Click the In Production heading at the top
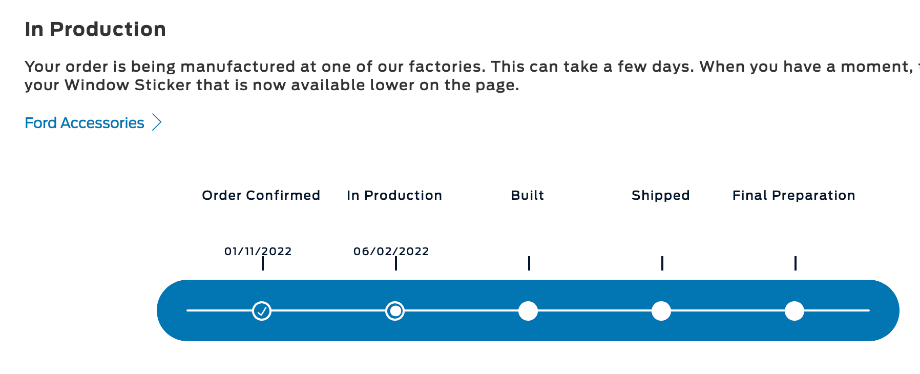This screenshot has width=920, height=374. (x=95, y=30)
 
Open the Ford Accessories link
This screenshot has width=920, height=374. (x=85, y=123)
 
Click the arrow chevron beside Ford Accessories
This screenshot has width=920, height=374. (x=157, y=123)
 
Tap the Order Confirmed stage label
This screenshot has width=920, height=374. (x=261, y=195)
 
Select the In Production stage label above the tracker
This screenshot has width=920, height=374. (x=394, y=195)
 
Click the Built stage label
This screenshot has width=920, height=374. (x=528, y=195)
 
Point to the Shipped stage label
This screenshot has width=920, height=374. (x=661, y=196)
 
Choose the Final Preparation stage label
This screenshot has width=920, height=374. (x=794, y=196)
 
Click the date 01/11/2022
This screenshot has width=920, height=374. (x=258, y=252)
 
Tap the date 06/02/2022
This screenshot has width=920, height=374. (x=391, y=252)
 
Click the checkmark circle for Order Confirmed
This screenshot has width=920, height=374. (x=262, y=311)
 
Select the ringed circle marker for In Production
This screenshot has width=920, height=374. (x=395, y=311)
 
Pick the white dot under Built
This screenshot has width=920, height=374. (x=528, y=311)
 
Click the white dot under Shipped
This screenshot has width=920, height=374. (x=661, y=311)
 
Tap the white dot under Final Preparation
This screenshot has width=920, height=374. (x=794, y=311)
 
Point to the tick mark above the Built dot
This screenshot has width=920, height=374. (x=529, y=263)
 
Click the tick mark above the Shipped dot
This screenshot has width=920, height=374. (x=662, y=263)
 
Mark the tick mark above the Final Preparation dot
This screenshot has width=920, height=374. (x=796, y=263)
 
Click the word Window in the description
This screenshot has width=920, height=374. (x=97, y=85)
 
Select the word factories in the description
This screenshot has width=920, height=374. (x=447, y=67)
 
